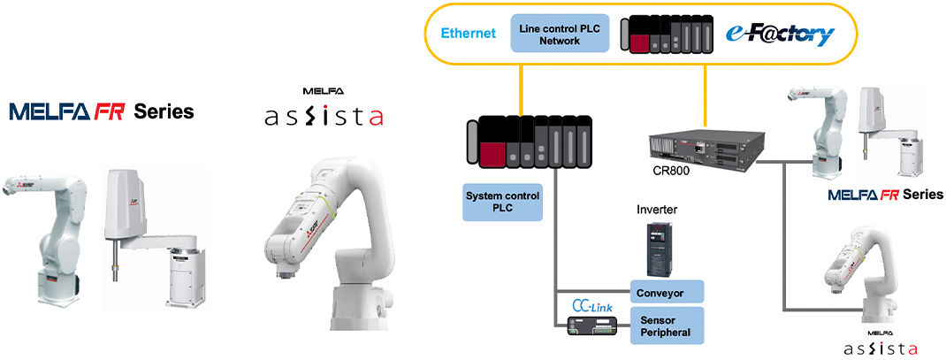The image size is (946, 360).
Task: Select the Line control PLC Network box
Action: point(555,34)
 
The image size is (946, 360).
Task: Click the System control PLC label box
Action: point(502,202)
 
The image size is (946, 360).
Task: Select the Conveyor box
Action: point(667,292)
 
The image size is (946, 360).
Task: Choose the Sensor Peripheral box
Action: point(667,326)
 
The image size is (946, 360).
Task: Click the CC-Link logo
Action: point(591,305)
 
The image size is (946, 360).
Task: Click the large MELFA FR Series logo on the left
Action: point(101,111)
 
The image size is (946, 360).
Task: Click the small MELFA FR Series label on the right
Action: point(885,195)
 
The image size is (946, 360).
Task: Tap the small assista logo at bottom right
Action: point(880,347)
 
